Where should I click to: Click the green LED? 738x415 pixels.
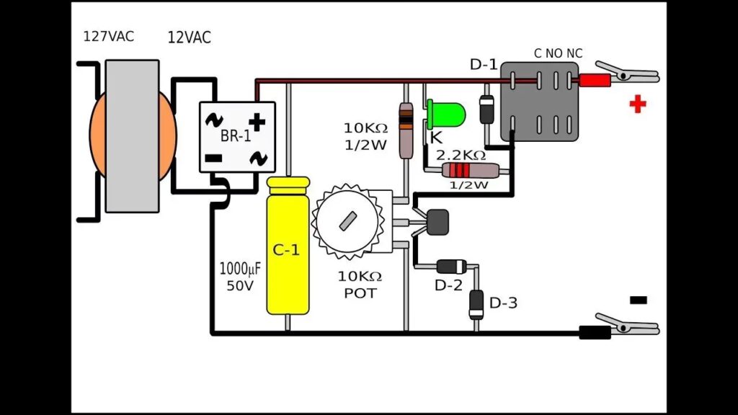click(x=446, y=113)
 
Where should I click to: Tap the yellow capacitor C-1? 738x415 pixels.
click(x=288, y=249)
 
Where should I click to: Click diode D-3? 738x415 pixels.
click(x=476, y=303)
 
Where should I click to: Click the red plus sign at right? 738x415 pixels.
click(x=637, y=105)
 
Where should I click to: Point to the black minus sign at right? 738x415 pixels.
click(x=638, y=300)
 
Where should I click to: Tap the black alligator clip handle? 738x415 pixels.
click(x=595, y=332)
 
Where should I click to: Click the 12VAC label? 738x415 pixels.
click(x=189, y=37)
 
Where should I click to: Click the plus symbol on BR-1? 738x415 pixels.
click(x=257, y=121)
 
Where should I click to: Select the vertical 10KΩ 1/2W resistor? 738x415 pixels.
click(x=406, y=130)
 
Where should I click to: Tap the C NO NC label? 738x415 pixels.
click(x=558, y=53)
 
